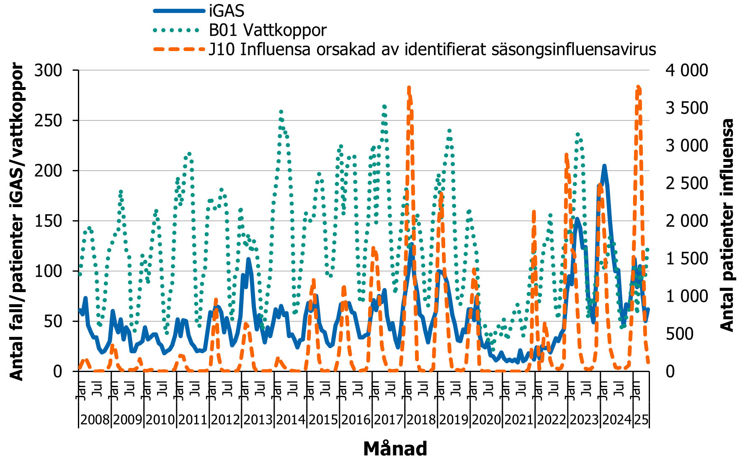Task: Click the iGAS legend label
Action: pyautogui.click(x=227, y=11)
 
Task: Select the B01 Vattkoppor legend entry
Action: pyautogui.click(x=268, y=30)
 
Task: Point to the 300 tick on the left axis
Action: pyautogui.click(x=48, y=70)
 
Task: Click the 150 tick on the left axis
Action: pyautogui.click(x=48, y=221)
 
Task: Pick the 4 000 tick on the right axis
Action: pyautogui.click(x=687, y=70)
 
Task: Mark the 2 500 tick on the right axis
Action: pyautogui.click(x=687, y=183)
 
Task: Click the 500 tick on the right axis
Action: pyautogui.click(x=680, y=334)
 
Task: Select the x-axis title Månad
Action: pyautogui.click(x=395, y=449)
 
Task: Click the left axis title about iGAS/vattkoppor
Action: pyautogui.click(x=17, y=221)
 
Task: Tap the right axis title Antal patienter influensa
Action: pyautogui.click(x=727, y=225)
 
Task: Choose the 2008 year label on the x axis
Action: pyautogui.click(x=95, y=419)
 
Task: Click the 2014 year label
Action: pyautogui.click(x=291, y=419)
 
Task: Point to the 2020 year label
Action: pyautogui.click(x=486, y=419)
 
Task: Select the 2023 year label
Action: pyautogui.click(x=584, y=419)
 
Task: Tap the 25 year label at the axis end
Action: pyautogui.click(x=641, y=419)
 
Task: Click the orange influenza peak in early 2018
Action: pyautogui.click(x=409, y=88)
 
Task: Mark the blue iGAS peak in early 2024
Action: pyautogui.click(x=604, y=167)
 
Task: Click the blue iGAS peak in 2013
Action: pyautogui.click(x=248, y=259)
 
